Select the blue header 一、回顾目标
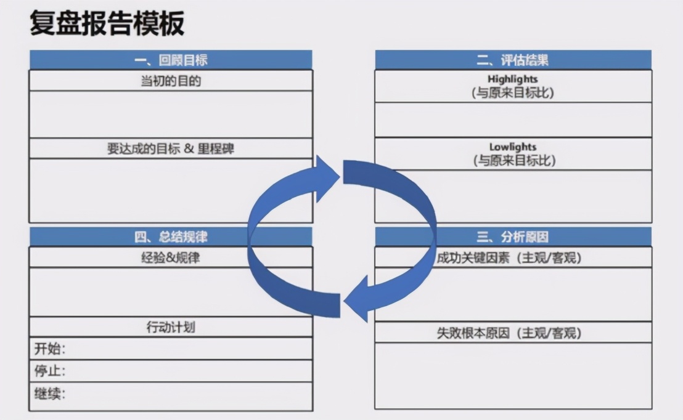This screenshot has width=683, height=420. click(171, 60)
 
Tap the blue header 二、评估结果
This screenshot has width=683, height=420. click(513, 60)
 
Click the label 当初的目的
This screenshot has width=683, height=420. click(171, 81)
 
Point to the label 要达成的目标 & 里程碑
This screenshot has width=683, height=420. click(171, 149)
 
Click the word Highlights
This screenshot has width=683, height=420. click(513, 79)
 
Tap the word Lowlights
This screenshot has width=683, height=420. click(513, 147)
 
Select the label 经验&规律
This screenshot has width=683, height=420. click(171, 258)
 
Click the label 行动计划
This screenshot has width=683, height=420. click(171, 327)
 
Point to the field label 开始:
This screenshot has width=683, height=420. click(49, 349)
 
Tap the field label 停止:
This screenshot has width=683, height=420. click(49, 371)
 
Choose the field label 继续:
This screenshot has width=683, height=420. click(49, 394)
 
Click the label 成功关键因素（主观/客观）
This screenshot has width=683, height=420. click(509, 258)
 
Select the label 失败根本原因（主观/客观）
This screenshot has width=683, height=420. click(509, 333)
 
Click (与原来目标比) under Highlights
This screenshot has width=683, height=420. click(513, 93)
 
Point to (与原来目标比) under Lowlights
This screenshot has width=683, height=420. click(513, 161)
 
